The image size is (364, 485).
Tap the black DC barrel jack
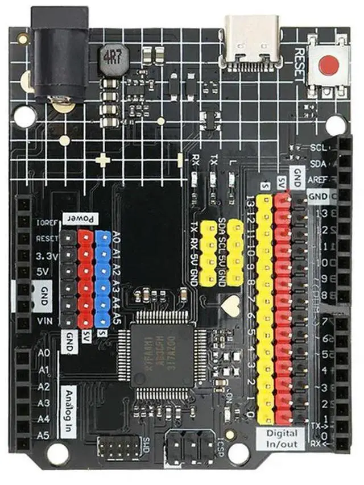tap(60, 57)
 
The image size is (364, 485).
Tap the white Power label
tap(80, 219)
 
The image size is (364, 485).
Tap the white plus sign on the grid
tap(103, 160)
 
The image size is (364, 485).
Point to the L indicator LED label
tap(231, 163)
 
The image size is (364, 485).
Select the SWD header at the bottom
tap(121, 447)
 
